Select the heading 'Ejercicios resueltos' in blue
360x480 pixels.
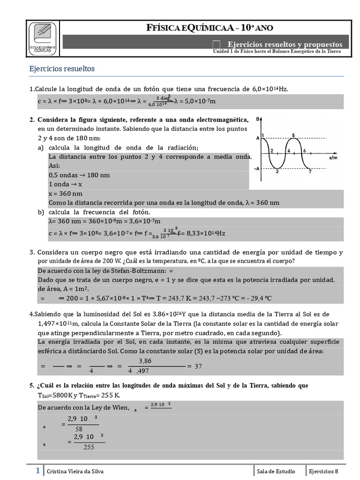point(62,69)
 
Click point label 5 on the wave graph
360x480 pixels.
point(293,136)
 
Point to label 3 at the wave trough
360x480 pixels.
point(277,172)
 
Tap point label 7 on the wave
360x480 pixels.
point(310,172)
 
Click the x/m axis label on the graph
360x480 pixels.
point(333,158)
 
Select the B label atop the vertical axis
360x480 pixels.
point(258,120)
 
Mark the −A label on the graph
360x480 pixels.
point(256,169)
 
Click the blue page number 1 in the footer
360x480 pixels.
point(37,471)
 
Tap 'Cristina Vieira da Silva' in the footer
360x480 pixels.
point(75,472)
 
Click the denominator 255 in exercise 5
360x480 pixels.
point(89,447)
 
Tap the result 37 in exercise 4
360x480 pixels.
point(198,366)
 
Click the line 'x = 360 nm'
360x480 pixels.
point(66,194)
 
